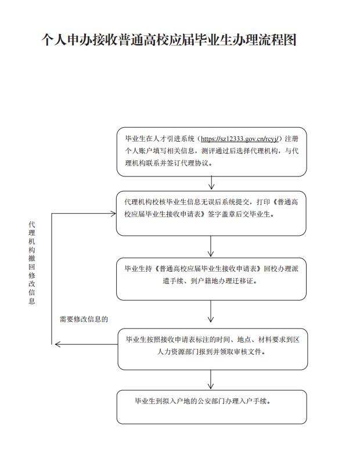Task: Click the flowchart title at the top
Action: [169, 39]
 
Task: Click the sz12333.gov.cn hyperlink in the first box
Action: [240, 139]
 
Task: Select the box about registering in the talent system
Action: [212, 152]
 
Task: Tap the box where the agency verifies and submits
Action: [211, 214]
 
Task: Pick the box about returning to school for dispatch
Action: [211, 279]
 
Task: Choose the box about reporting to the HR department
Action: [213, 349]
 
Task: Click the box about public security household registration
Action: [212, 407]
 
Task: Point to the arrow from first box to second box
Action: [211, 183]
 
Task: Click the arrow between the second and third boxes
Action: [211, 246]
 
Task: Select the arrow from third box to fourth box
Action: [211, 312]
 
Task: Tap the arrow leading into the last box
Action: [211, 380]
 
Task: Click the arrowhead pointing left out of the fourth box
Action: [57, 344]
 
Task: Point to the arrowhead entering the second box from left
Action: [113, 214]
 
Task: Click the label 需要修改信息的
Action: [84, 319]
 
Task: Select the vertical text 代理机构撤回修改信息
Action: [31, 262]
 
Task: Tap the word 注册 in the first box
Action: [291, 139]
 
